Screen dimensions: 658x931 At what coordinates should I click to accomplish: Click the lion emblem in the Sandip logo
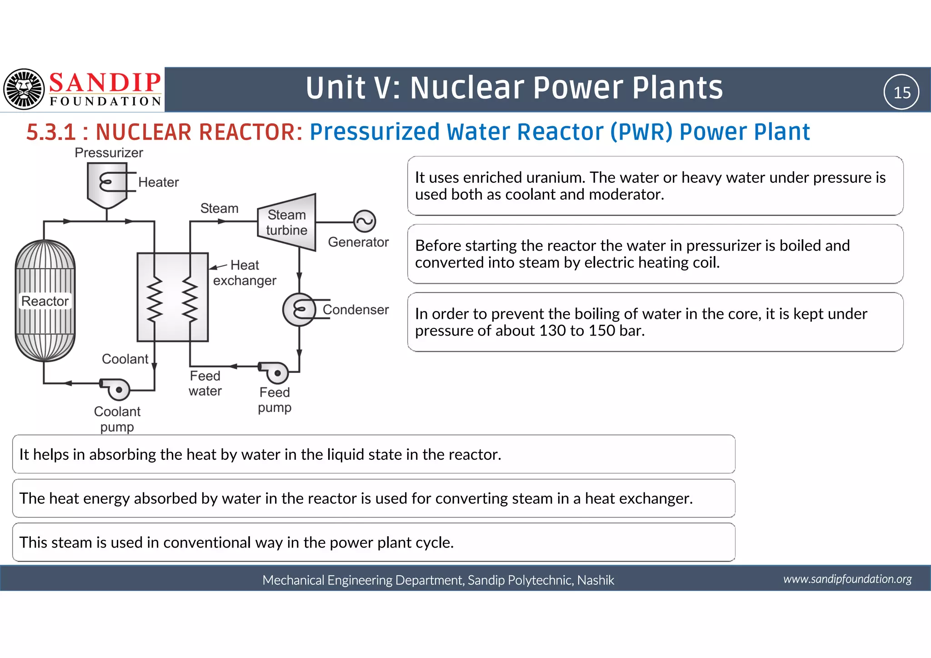click(24, 89)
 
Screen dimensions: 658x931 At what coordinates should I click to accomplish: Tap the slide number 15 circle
click(901, 92)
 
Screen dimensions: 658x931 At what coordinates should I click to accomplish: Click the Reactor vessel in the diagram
click(45, 301)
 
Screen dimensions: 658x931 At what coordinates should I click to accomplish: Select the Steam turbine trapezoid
click(287, 222)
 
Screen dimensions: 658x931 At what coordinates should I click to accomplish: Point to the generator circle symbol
click(365, 221)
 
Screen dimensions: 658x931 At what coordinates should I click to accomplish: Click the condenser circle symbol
click(299, 310)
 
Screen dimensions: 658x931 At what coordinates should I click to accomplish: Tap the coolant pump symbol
click(116, 389)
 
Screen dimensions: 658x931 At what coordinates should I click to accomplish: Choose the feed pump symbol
click(275, 372)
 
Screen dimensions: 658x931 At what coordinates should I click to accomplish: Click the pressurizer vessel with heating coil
click(107, 185)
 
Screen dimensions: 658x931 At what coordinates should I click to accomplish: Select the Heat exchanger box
click(173, 297)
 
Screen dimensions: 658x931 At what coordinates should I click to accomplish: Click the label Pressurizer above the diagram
click(109, 153)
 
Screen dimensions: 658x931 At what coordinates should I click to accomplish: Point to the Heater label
click(158, 182)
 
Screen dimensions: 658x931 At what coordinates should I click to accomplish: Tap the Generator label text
click(358, 242)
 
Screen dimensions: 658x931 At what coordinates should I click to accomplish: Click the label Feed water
click(205, 383)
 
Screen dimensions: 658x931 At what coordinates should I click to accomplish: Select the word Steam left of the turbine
click(219, 208)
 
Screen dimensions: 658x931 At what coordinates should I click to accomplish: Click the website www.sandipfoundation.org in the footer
click(847, 579)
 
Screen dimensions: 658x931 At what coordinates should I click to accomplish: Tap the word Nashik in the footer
click(596, 580)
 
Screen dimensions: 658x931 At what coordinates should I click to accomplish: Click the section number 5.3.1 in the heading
click(50, 132)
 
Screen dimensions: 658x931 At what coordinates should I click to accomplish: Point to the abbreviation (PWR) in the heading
click(641, 132)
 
